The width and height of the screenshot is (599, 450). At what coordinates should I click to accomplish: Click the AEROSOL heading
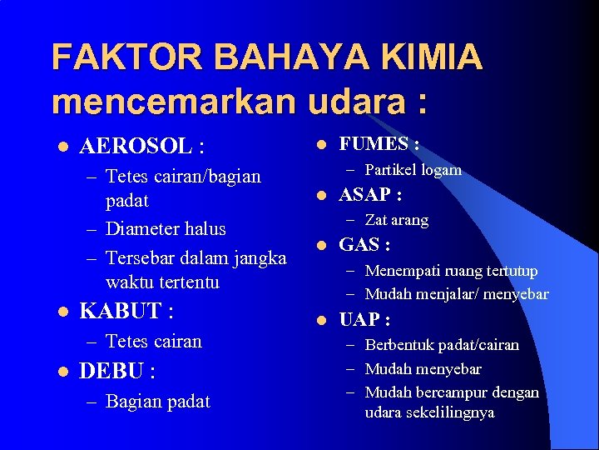141,147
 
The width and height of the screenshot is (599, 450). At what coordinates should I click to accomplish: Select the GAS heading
364,245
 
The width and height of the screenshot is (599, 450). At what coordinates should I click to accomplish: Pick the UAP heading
364,320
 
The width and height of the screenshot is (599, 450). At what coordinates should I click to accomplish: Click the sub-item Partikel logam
413,170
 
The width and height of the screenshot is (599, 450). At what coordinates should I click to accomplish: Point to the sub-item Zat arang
396,220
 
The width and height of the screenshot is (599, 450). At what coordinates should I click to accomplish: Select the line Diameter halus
166,228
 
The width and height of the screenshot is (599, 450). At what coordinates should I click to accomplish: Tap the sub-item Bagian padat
158,402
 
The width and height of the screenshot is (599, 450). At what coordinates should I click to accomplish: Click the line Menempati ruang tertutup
451,271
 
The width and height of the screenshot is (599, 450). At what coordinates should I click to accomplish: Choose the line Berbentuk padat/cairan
441,345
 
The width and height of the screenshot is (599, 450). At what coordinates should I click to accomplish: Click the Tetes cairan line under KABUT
154,342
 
